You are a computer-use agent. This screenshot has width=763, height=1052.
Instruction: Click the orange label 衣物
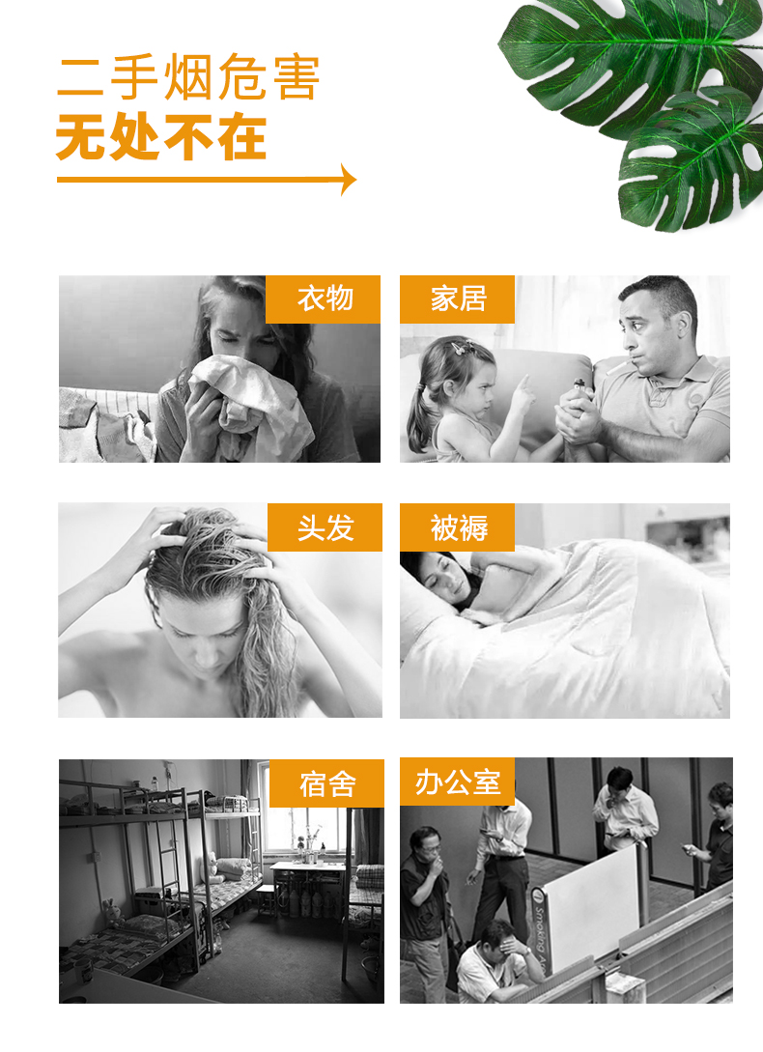[x=323, y=299]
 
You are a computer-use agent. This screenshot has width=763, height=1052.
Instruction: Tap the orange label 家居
[x=457, y=299]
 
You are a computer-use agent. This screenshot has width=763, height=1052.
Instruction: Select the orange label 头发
[x=325, y=527]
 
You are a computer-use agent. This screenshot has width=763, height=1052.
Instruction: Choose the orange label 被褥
[x=457, y=527]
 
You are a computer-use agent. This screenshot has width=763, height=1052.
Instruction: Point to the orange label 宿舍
[x=326, y=783]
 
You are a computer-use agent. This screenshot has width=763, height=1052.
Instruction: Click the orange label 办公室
[x=457, y=782]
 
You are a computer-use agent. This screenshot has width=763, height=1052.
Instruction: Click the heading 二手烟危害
[x=188, y=77]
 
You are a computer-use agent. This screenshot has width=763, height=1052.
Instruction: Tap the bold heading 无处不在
[x=161, y=137]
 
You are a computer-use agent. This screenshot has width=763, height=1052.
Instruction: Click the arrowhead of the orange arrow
[x=349, y=179]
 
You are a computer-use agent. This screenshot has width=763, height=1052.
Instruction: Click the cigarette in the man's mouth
[x=617, y=368]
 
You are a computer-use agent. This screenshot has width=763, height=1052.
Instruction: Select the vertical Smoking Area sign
[x=539, y=929]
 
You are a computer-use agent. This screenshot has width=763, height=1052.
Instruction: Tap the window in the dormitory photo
[x=305, y=828]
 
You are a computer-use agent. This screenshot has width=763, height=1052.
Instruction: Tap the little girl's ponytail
[x=417, y=419]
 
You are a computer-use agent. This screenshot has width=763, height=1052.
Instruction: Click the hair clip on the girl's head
[x=461, y=347]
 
